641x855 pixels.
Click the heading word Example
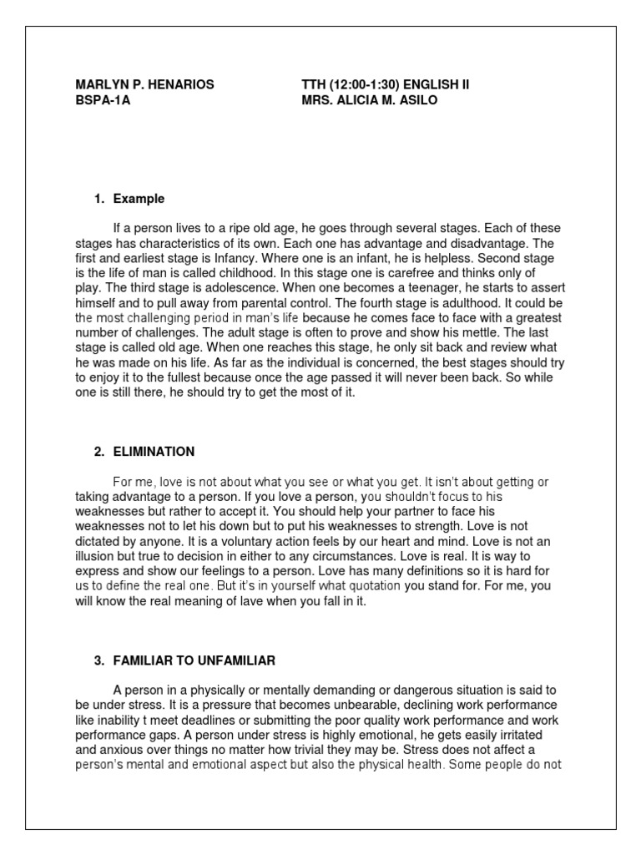point(139,199)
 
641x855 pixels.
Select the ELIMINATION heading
point(154,452)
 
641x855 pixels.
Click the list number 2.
point(98,452)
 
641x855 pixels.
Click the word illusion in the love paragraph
point(94,543)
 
